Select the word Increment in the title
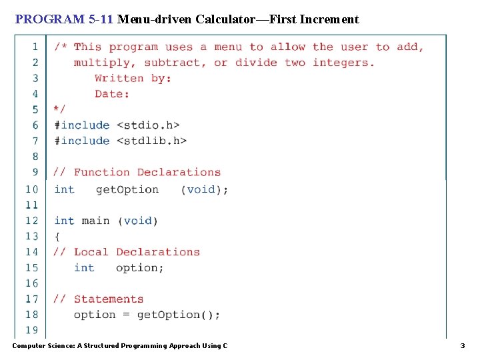pyautogui.click(x=329, y=19)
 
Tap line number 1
pyautogui.click(x=35, y=47)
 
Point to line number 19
pyautogui.click(x=32, y=330)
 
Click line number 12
pyautogui.click(x=32, y=220)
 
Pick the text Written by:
pyautogui.click(x=133, y=78)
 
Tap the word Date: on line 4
pyautogui.click(x=112, y=94)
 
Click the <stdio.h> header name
pyautogui.click(x=148, y=125)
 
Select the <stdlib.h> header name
pyautogui.click(x=151, y=141)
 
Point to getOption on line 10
pyautogui.click(x=127, y=189)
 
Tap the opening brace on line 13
pyautogui.click(x=57, y=236)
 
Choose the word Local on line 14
pyautogui.click(x=91, y=252)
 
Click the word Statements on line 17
pyautogui.click(x=109, y=299)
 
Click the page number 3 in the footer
pyautogui.click(x=463, y=345)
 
